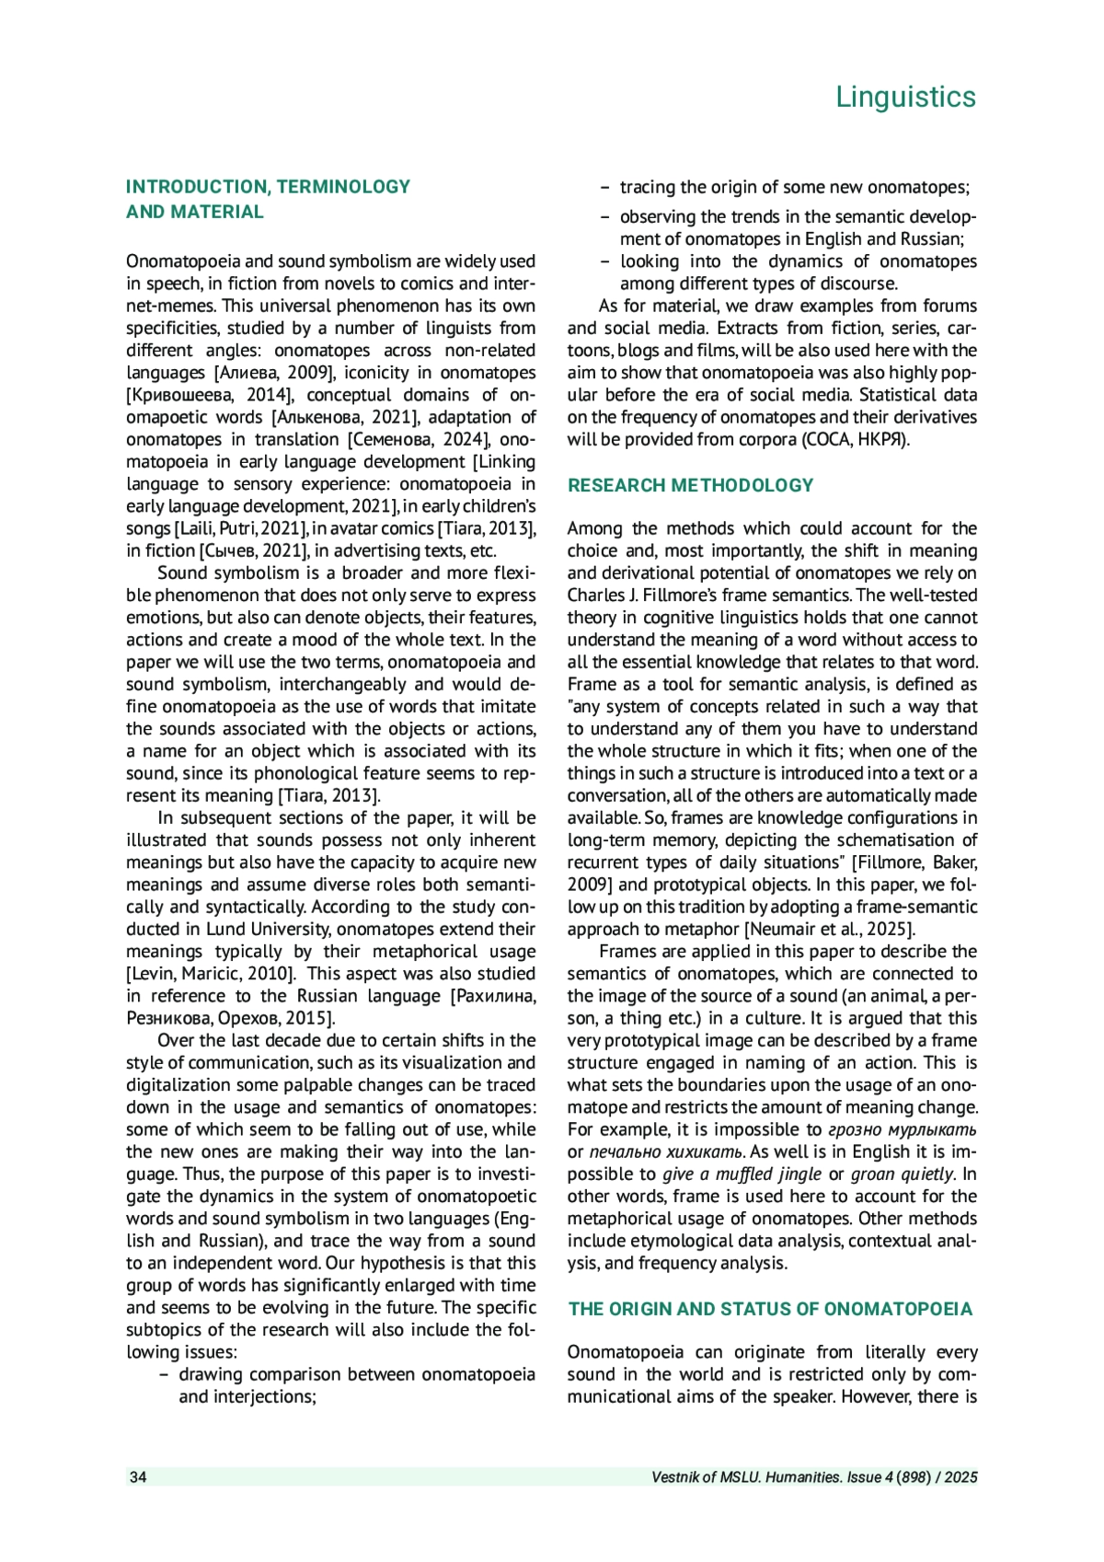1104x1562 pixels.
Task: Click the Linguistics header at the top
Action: point(905,97)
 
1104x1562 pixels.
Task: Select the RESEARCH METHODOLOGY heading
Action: point(690,485)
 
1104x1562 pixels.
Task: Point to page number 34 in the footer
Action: point(138,1477)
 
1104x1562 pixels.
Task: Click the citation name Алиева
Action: point(248,373)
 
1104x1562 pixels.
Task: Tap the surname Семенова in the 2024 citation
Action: point(386,440)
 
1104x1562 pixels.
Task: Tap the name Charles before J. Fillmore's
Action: point(595,596)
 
